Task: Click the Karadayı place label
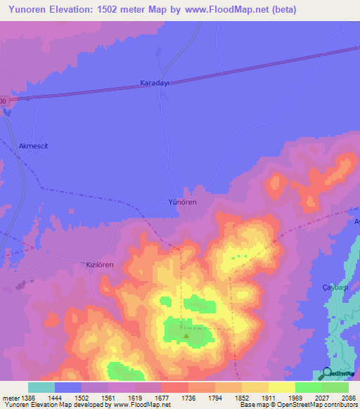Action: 155,82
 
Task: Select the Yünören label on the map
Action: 182,202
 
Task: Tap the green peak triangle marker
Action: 186,335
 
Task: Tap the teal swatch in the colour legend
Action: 41,387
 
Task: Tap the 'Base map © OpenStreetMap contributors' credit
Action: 297,405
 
